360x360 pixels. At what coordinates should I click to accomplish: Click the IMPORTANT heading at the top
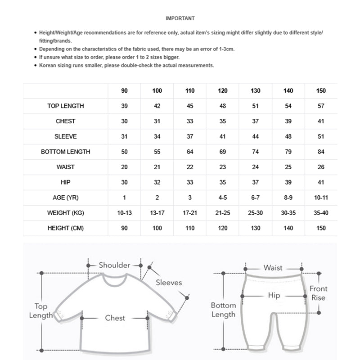point(180,18)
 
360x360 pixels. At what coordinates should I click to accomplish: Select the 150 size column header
point(321,91)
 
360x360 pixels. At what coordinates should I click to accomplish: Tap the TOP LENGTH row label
point(66,106)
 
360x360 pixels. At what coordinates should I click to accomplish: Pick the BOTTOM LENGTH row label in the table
point(66,152)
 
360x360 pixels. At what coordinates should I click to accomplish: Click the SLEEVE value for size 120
point(223,136)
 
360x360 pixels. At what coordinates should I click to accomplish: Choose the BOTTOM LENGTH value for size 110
point(190,152)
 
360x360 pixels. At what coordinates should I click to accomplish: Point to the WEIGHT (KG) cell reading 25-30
point(256,213)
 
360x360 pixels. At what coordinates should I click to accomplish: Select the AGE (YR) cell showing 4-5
point(223,198)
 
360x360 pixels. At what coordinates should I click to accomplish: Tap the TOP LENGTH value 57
point(321,106)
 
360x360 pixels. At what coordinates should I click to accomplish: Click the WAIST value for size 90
point(125,167)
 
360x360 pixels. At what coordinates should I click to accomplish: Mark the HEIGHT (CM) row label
point(66,228)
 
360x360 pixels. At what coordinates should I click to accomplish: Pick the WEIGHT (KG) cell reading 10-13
point(125,213)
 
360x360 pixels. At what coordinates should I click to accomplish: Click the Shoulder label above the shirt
point(114,265)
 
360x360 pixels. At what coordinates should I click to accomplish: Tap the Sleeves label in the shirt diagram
point(169,283)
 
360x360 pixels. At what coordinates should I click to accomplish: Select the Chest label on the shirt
point(115,318)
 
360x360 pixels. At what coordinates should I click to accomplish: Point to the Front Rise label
point(318,293)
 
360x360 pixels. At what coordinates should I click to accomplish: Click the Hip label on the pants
point(274,296)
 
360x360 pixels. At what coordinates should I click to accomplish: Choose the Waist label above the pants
point(273,268)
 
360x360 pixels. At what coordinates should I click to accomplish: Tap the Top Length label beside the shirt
point(41,311)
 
